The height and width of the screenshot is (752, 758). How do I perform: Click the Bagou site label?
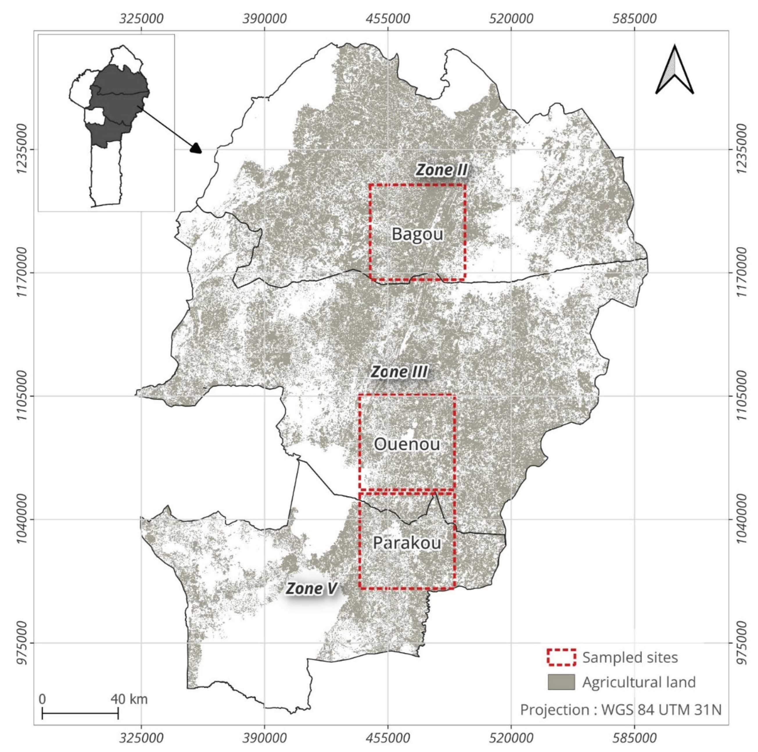[x=417, y=234]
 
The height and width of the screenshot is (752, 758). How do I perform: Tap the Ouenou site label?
[x=407, y=444]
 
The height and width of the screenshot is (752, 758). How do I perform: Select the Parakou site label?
[x=407, y=543]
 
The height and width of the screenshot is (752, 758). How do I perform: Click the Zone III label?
[x=399, y=372]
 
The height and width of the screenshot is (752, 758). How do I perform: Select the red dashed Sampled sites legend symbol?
[x=561, y=657]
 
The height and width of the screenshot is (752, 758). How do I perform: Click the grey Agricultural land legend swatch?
[x=561, y=682]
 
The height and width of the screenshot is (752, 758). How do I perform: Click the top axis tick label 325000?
[x=142, y=18]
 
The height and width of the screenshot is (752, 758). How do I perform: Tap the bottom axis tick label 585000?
[x=634, y=738]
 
